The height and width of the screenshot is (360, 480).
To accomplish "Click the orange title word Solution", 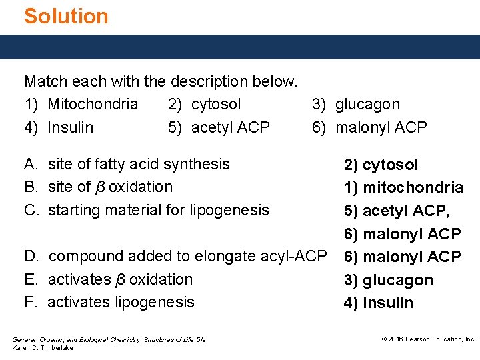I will coord(66,16).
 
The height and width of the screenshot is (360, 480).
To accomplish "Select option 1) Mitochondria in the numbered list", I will coord(81,105).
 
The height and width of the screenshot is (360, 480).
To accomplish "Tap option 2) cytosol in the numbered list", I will coord(205,105).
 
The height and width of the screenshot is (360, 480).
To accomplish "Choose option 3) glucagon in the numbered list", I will coord(356,105).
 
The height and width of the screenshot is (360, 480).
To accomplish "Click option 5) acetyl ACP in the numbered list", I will coord(219,127).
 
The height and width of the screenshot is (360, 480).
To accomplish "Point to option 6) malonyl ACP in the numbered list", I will coord(369,127).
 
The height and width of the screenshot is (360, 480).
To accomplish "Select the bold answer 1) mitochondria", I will coord(403,187).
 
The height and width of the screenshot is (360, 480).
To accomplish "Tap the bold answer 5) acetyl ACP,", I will coord(397,211).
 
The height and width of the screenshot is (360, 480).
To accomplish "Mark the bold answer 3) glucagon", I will coord(388,280).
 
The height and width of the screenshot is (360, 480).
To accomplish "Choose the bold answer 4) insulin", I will coord(378,303).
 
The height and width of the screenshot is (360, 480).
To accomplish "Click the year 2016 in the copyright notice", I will coord(396,339).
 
